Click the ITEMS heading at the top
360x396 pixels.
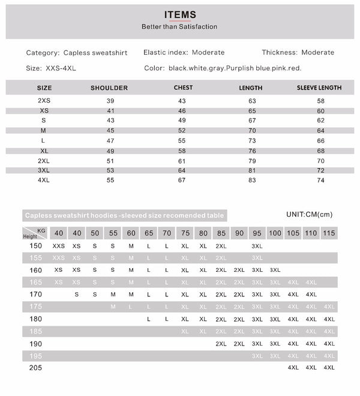click(x=179, y=15)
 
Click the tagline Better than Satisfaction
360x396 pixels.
click(x=179, y=27)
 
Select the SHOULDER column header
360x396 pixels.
click(x=109, y=88)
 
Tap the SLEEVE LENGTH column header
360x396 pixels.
click(x=319, y=88)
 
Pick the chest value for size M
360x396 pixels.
click(x=182, y=130)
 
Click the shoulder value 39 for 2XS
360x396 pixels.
click(x=109, y=101)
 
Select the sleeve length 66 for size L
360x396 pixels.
click(x=320, y=140)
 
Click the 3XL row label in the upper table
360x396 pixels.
click(x=44, y=170)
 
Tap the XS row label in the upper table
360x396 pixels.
click(x=44, y=111)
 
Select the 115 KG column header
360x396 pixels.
click(x=329, y=233)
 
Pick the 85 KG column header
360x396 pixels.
click(x=221, y=233)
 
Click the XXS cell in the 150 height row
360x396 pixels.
click(x=59, y=246)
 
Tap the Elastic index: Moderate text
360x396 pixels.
click(x=184, y=52)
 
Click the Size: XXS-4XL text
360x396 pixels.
click(x=52, y=68)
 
